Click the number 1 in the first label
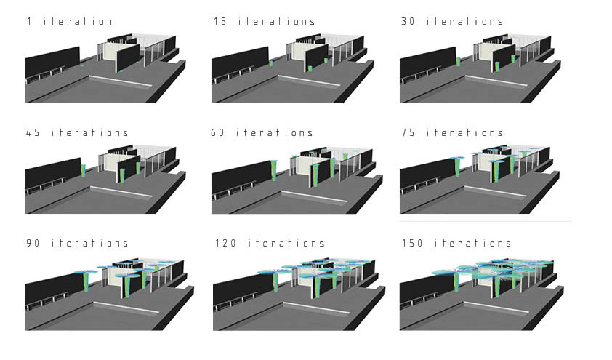point(28,22)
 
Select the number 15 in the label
point(220,22)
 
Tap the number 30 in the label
point(407,22)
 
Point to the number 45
point(32,132)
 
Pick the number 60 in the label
point(220,132)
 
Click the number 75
point(407,132)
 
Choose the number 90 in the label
point(32,243)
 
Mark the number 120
point(223,243)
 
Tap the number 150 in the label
point(411,243)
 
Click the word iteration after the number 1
point(78,22)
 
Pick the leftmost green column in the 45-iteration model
point(84,172)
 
